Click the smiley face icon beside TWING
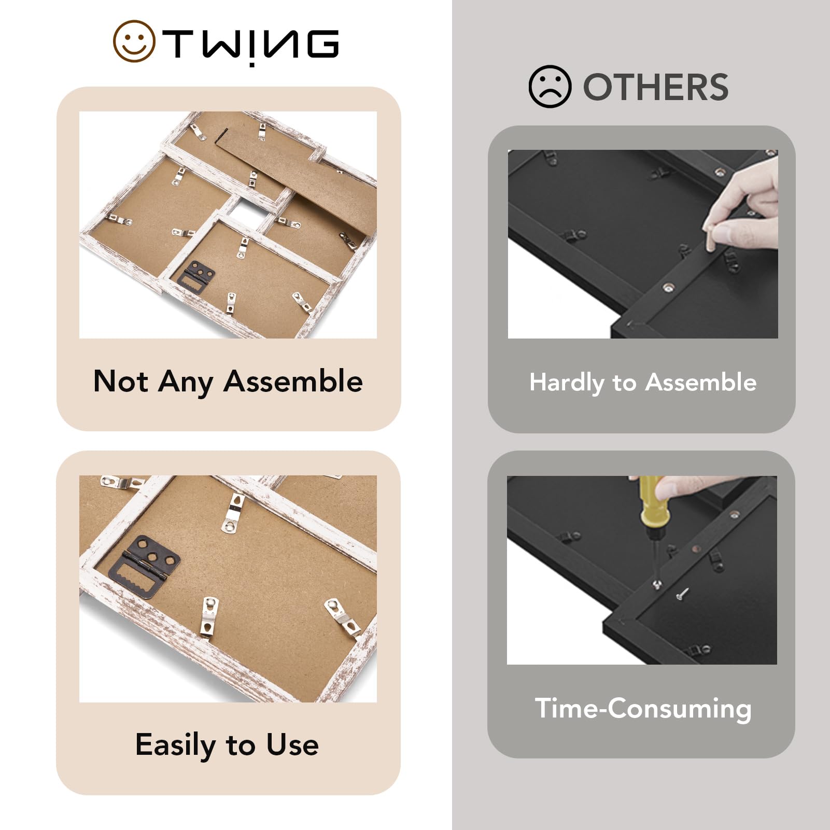click(x=134, y=41)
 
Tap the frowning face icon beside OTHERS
click(x=550, y=87)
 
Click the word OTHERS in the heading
click(x=656, y=87)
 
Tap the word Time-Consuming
click(x=643, y=709)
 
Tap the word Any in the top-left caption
click(x=186, y=383)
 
